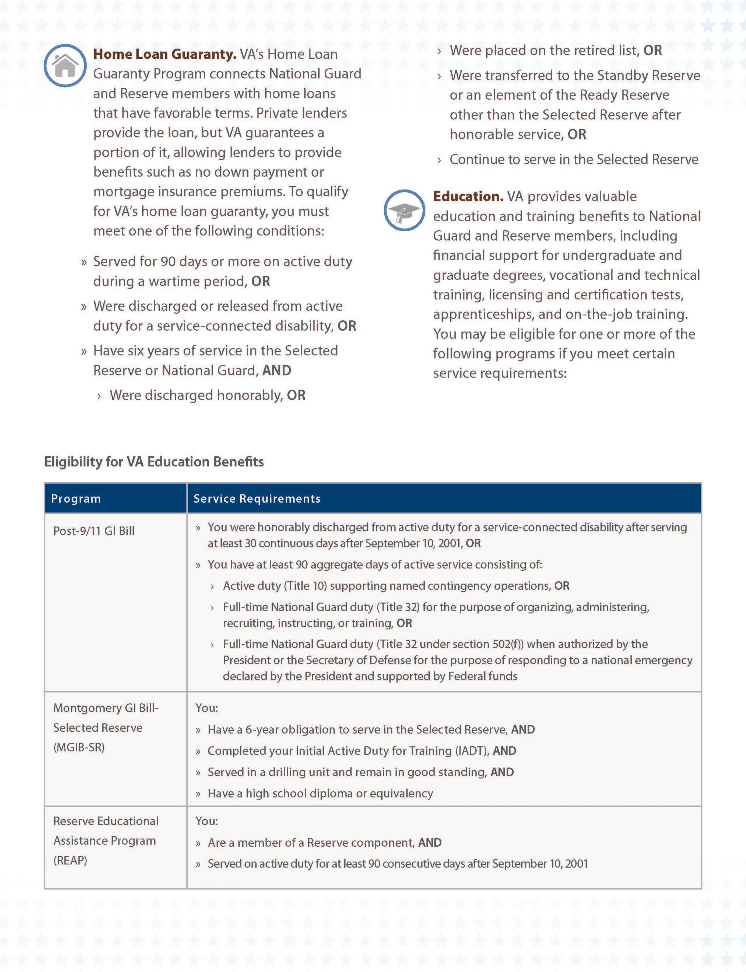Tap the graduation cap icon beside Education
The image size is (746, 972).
click(x=404, y=210)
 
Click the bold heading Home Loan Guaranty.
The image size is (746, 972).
click(x=164, y=54)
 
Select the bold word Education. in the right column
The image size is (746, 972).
click(x=468, y=196)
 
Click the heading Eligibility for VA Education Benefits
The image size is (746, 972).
click(x=154, y=462)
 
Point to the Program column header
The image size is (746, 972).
click(x=76, y=499)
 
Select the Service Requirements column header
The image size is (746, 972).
click(x=257, y=499)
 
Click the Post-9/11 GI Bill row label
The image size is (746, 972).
click(x=94, y=531)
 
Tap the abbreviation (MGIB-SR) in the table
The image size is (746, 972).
click(x=79, y=747)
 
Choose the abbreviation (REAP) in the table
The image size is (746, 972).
click(x=70, y=861)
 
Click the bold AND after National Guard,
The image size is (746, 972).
click(x=277, y=370)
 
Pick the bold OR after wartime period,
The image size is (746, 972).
click(x=261, y=281)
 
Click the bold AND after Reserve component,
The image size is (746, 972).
click(x=429, y=843)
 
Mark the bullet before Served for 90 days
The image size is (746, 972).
click(x=84, y=262)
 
